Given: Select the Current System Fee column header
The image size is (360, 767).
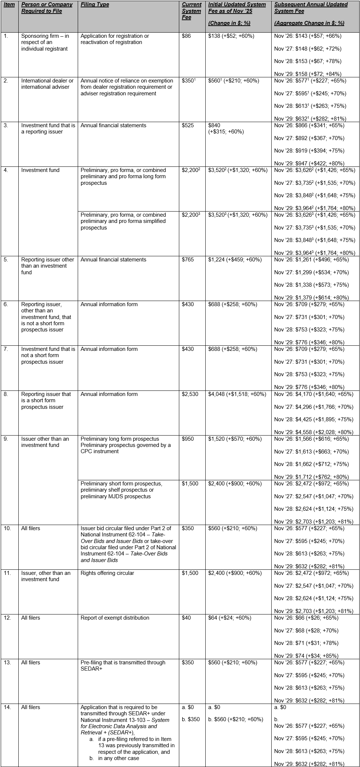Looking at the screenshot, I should click(x=191, y=11).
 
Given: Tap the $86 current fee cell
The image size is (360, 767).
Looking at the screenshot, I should click(x=186, y=36).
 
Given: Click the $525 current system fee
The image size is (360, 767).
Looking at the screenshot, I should click(x=188, y=125).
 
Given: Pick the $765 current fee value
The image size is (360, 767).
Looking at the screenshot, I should click(x=188, y=260).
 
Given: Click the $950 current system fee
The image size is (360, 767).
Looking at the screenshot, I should click(x=188, y=439).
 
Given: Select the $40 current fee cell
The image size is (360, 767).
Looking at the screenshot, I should click(x=186, y=618).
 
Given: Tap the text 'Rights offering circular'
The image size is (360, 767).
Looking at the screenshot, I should click(x=107, y=573).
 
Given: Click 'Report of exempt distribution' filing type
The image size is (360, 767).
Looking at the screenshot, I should click(x=115, y=618).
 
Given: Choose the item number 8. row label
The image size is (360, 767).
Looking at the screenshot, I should click(x=5, y=394).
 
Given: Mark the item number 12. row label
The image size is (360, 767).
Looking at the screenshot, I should click(x=7, y=618).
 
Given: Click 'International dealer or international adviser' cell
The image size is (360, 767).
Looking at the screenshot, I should click(x=47, y=84).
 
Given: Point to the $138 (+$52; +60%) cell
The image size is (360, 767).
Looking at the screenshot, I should click(x=231, y=36).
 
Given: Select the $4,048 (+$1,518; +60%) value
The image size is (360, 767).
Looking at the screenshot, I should click(x=237, y=394).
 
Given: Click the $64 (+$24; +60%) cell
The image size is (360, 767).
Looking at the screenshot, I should click(x=229, y=618).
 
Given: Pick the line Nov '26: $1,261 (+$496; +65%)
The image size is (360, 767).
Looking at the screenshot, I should click(x=312, y=260).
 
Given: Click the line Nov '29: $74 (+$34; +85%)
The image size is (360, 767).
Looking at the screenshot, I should click(x=306, y=656).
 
